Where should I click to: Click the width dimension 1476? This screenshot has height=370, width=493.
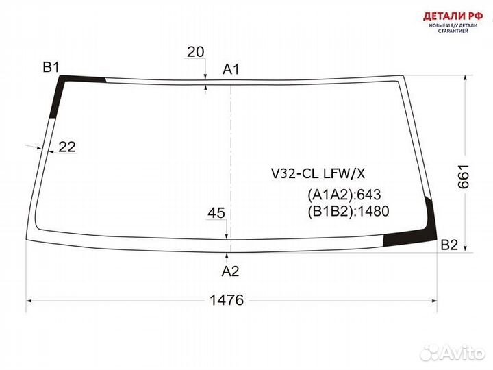coord(227,300)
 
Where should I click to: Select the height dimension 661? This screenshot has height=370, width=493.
coord(463,177)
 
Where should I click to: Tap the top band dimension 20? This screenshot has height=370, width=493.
coord(196,52)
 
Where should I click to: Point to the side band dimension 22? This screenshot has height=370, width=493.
coord(67,147)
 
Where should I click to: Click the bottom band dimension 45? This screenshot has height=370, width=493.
coord(216,213)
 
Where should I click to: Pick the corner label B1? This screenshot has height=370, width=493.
coord(51,67)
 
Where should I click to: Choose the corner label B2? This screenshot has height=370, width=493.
coord(449,245)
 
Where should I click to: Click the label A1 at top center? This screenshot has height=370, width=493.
coord(231,69)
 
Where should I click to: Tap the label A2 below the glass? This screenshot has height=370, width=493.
coord(231,271)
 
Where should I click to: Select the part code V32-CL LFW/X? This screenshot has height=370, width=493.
coord(318,173)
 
